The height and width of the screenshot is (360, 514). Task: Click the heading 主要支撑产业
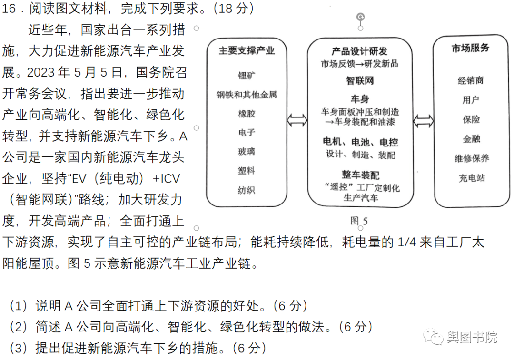click(x=247, y=51)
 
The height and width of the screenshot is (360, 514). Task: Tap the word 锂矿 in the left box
click(x=247, y=75)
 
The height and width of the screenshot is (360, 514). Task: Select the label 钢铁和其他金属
click(x=247, y=95)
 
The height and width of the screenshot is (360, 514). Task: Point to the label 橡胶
click(x=247, y=114)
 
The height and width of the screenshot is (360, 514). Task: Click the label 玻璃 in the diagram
click(x=247, y=152)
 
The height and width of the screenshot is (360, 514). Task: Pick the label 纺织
click(x=247, y=190)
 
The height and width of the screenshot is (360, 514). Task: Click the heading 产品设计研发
click(x=359, y=51)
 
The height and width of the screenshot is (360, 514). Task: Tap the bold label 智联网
click(x=359, y=80)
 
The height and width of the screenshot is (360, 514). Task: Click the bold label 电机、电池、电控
click(x=360, y=142)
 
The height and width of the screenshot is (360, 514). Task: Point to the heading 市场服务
click(x=470, y=48)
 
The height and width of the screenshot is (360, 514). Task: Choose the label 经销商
click(x=470, y=80)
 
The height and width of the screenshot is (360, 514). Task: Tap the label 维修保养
click(x=471, y=158)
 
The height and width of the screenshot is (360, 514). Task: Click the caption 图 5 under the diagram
click(x=359, y=221)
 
